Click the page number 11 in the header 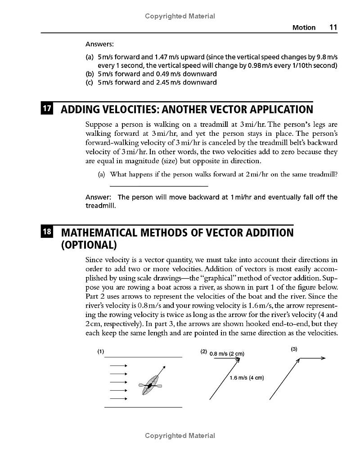(x=333, y=27)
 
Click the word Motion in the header (x=304, y=27)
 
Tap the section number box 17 (x=47, y=109)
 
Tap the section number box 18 (x=47, y=232)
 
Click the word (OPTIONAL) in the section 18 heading (x=89, y=245)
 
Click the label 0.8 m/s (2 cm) (x=227, y=353)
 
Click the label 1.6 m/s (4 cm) (x=246, y=378)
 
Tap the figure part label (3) (x=294, y=349)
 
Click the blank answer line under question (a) (x=159, y=185)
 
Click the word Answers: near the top (x=99, y=44)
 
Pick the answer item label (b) (x=90, y=74)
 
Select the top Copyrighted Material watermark (x=180, y=16)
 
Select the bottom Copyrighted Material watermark (x=180, y=435)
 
